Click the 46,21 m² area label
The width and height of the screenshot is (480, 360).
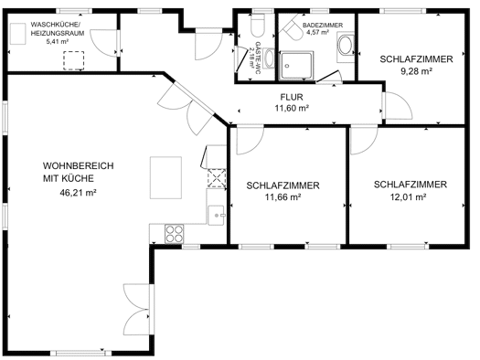[79, 193]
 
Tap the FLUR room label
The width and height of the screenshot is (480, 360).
[292, 97]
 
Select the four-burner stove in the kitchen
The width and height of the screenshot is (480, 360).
[175, 234]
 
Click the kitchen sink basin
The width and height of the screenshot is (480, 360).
[217, 216]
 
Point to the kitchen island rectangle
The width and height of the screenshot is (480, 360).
[165, 177]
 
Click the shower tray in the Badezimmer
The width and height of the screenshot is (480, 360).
[297, 66]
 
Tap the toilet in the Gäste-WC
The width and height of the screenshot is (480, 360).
[257, 25]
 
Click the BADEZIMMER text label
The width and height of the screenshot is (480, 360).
[323, 26]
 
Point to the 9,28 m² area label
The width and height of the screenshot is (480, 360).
[417, 71]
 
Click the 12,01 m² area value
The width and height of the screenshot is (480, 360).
[409, 197]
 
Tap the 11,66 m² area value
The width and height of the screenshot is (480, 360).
[283, 197]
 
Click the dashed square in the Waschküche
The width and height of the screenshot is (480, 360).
[74, 60]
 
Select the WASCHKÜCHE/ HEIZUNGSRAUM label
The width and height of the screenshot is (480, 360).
[58, 28]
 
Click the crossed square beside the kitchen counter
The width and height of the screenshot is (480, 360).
[217, 178]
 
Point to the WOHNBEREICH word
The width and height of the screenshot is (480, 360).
[78, 165]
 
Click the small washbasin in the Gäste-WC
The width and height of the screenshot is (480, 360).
[270, 58]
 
